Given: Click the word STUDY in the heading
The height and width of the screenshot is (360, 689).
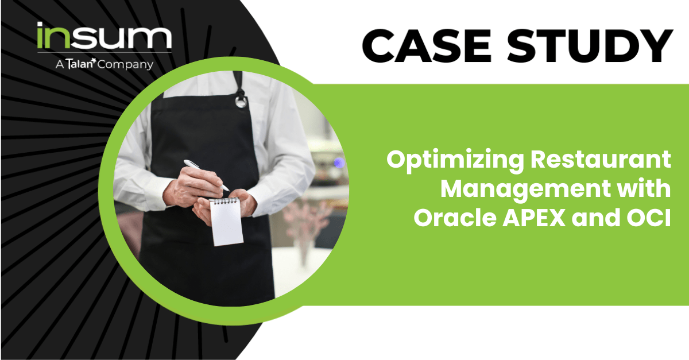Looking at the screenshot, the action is (590, 46).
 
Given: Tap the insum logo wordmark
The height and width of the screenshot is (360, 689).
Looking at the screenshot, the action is (104, 36).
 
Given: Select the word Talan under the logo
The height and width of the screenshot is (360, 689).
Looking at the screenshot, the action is (80, 64).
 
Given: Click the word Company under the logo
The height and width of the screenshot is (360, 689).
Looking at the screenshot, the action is (125, 65).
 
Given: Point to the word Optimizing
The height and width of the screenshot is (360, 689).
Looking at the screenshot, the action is (455, 161).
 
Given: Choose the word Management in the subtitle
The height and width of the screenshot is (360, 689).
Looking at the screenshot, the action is (526, 190).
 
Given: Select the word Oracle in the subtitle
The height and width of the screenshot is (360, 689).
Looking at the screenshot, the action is (455, 217).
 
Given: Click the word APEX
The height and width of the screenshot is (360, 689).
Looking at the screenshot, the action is (534, 218).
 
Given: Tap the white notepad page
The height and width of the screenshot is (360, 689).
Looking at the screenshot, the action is (227, 222).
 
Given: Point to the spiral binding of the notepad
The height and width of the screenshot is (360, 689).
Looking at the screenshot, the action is (224, 200).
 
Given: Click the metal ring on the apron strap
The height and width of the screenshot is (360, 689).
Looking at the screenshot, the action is (241, 102).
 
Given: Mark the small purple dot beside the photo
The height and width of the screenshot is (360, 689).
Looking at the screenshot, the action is (339, 162).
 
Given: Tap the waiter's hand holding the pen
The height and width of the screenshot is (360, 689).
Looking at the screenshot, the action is (192, 187).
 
